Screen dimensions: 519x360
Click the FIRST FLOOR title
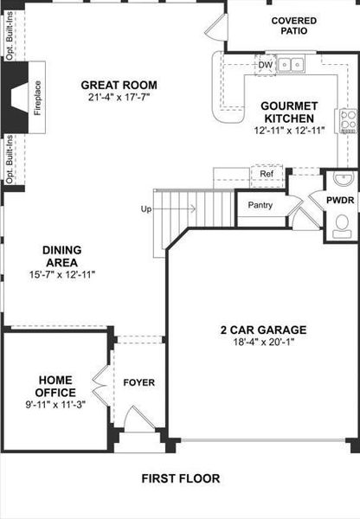pyautogui.click(x=181, y=477)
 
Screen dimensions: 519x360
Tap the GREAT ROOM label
pyautogui.click(x=119, y=85)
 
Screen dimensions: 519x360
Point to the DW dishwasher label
pyautogui.click(x=266, y=63)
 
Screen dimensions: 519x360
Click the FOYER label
pyautogui.click(x=138, y=382)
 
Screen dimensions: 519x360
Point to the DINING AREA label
pyautogui.click(x=61, y=256)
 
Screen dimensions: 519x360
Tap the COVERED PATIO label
pyautogui.click(x=292, y=25)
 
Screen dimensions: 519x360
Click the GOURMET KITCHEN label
pyautogui.click(x=288, y=112)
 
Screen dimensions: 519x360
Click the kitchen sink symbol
pyautogui.click(x=296, y=63)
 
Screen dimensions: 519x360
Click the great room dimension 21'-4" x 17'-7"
pyautogui.click(x=119, y=98)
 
